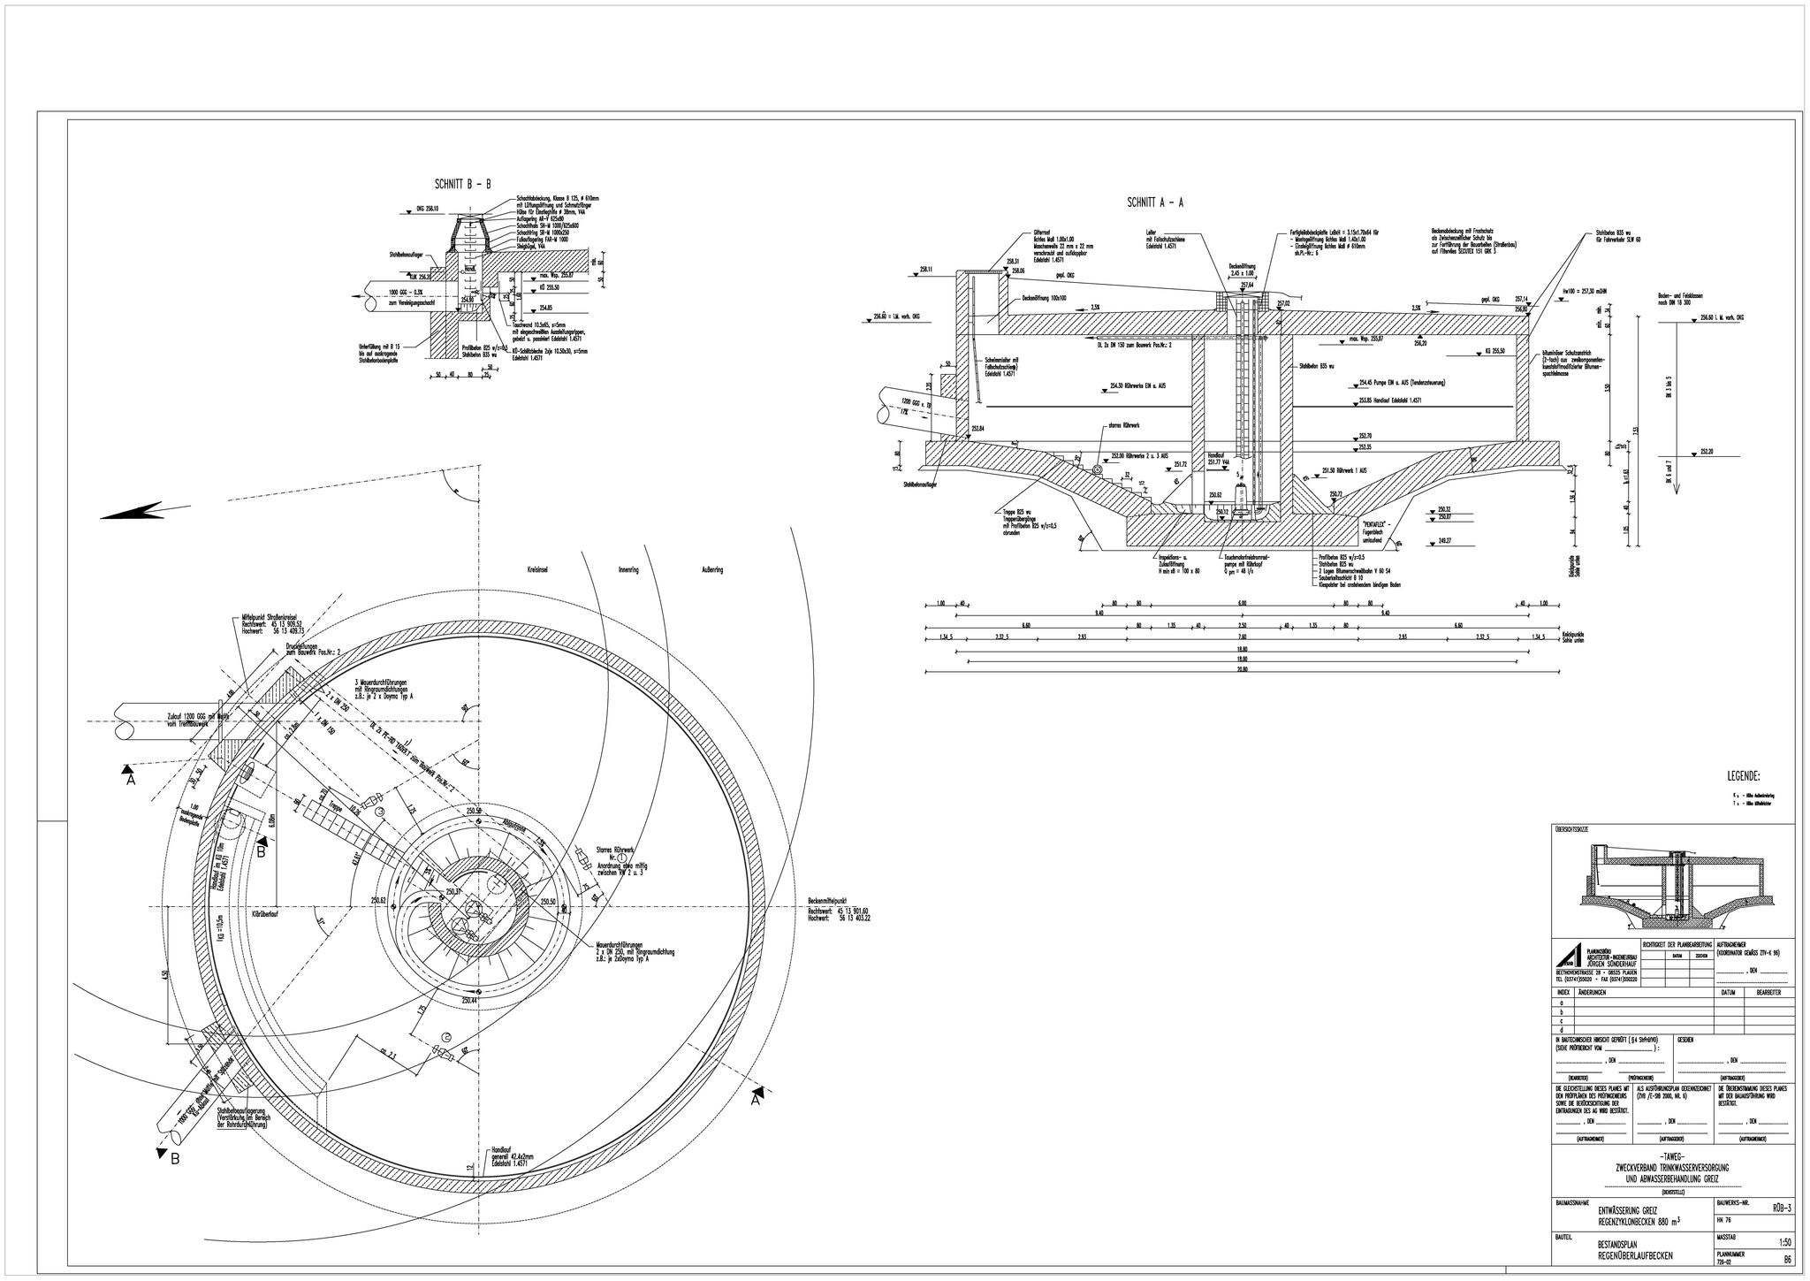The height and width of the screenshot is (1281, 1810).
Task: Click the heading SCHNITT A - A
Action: point(1154,202)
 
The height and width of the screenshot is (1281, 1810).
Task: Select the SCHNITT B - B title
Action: point(462,185)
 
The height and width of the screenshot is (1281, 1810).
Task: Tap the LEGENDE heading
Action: point(1743,777)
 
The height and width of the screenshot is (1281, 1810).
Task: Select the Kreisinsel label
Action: point(538,570)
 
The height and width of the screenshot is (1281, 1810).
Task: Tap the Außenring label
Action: point(712,570)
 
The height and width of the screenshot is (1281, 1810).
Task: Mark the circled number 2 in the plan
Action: point(446,1037)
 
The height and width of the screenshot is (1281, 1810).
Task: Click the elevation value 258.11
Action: point(926,269)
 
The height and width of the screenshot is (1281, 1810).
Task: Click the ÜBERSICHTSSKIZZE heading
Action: point(1574,829)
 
